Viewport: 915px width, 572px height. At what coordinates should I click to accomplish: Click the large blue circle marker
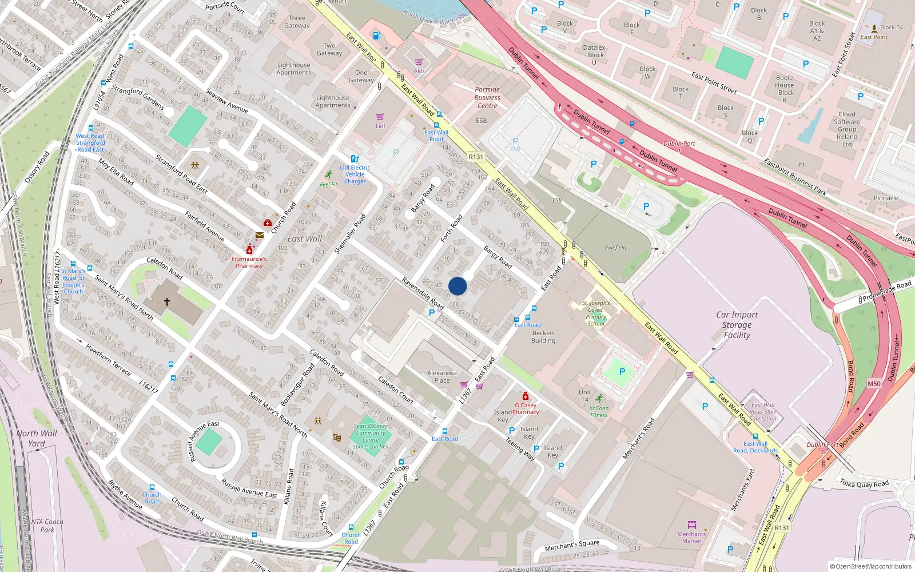tap(457, 286)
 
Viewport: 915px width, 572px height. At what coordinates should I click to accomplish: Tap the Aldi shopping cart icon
tap(419, 62)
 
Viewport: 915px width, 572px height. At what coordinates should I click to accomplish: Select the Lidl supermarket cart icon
tap(380, 117)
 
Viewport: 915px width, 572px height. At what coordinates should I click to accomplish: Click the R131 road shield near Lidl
tap(476, 157)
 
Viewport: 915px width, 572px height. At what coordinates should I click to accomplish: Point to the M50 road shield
tap(874, 384)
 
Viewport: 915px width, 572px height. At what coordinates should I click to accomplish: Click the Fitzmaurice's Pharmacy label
tap(249, 262)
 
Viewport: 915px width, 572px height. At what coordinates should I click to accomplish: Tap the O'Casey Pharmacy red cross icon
tap(525, 396)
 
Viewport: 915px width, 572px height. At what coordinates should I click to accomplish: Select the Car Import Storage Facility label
tap(737, 325)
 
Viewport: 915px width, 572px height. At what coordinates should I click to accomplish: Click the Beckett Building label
tap(543, 337)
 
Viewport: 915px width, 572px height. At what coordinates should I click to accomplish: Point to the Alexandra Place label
tap(441, 376)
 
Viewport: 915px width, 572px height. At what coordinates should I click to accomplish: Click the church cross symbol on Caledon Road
tap(167, 301)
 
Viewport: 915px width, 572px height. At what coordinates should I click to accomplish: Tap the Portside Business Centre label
tap(487, 97)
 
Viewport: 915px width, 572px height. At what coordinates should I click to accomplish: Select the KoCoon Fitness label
tap(599, 411)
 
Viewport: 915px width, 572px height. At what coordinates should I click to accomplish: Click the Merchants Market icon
tap(691, 525)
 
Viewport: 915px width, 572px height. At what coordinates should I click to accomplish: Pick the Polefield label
tap(615, 248)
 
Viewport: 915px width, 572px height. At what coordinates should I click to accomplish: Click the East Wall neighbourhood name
tap(305, 239)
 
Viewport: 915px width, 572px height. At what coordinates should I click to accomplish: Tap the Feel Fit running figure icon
tap(328, 174)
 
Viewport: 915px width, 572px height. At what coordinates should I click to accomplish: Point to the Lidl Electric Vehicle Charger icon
tap(355, 159)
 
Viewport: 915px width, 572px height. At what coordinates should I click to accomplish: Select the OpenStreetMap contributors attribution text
tap(870, 567)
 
